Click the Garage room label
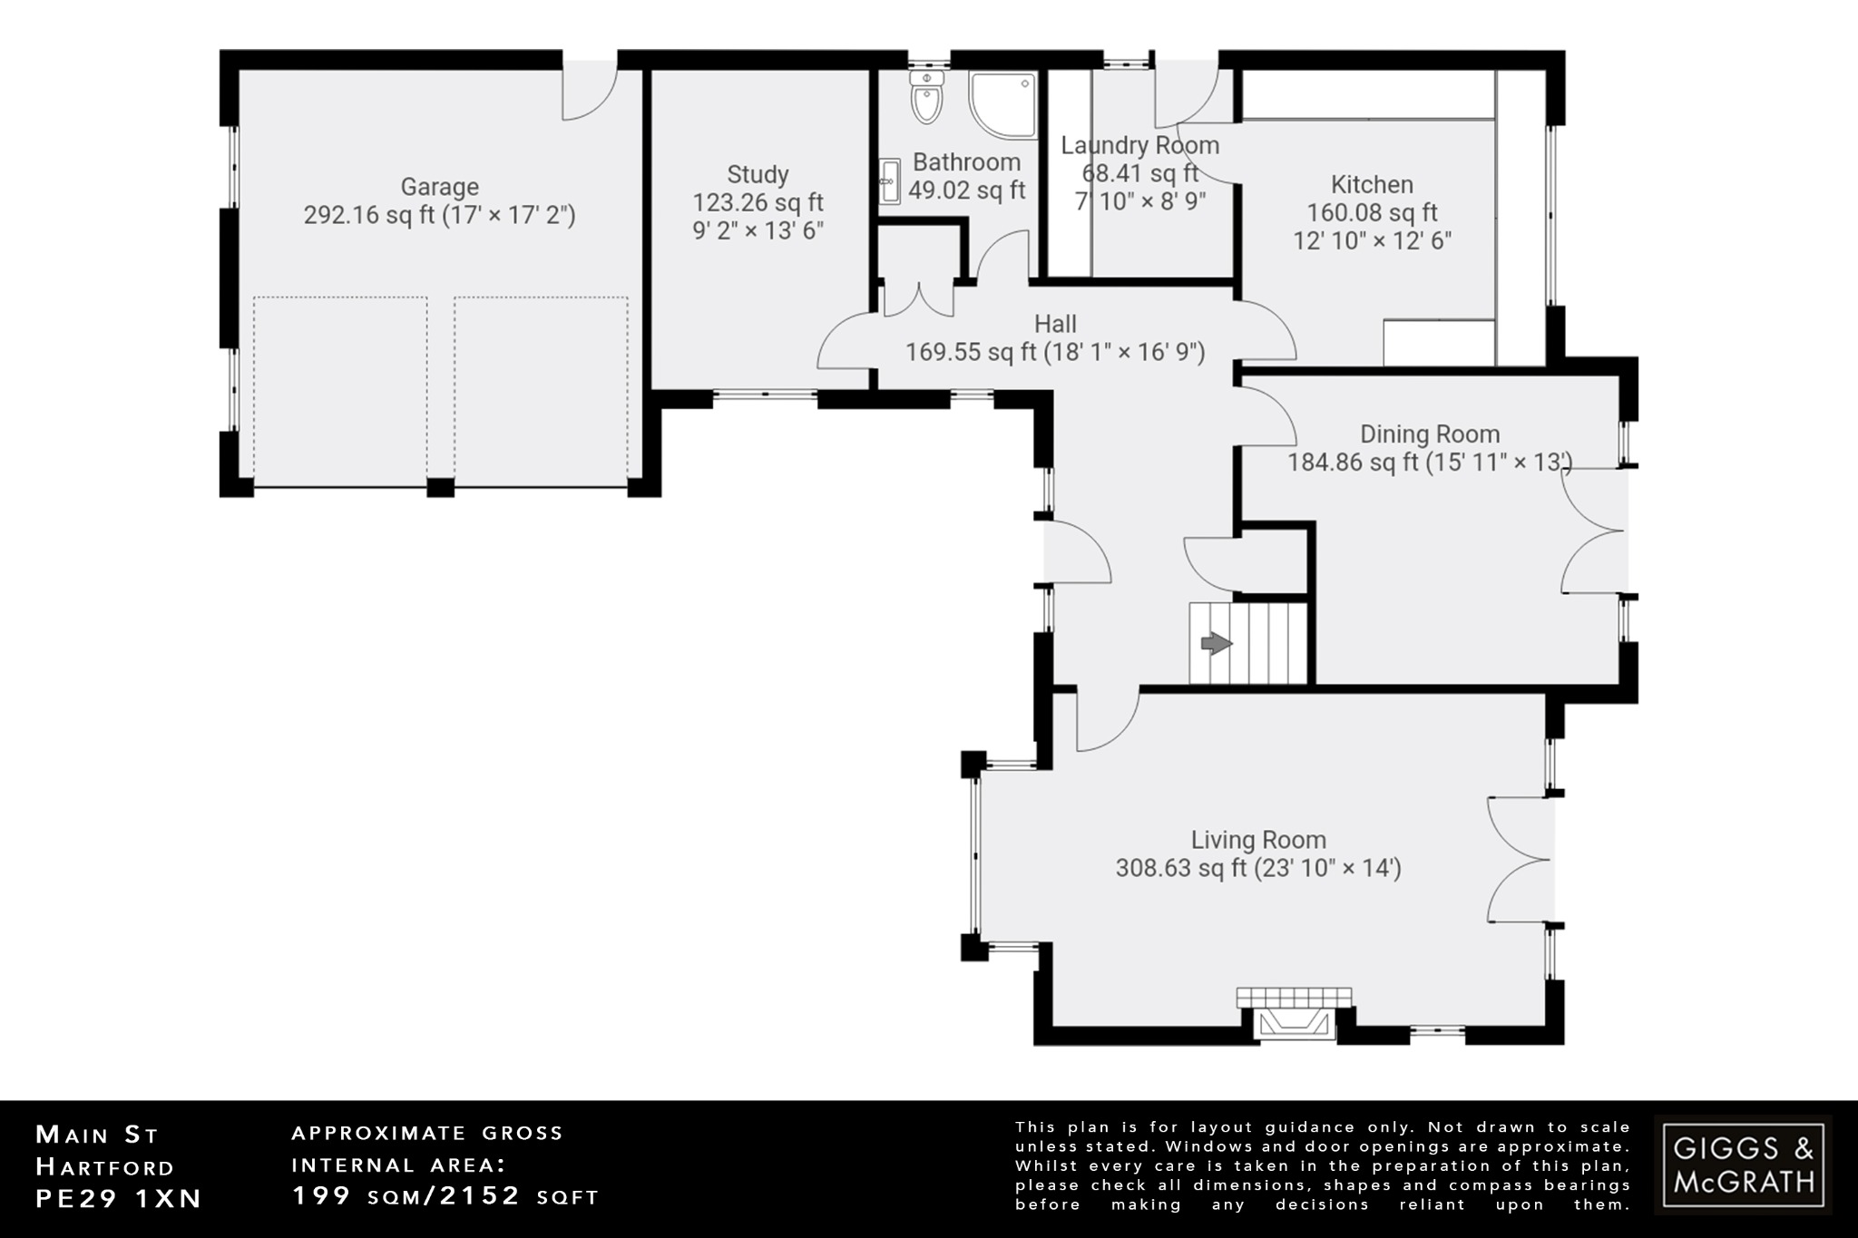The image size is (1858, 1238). point(439,187)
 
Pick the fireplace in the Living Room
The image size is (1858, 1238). point(1294,1018)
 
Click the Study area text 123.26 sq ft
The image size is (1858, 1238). point(758,202)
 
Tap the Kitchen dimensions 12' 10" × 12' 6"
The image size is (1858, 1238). point(1372,240)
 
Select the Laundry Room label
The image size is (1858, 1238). point(1139,145)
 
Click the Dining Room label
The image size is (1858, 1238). point(1429,434)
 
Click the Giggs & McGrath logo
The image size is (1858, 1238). point(1742,1165)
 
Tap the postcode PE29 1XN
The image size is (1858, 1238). point(118,1198)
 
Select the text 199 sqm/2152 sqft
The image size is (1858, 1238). point(445,1196)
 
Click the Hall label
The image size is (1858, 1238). point(1055,324)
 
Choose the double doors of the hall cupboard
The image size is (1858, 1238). point(919,300)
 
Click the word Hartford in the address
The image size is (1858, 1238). point(104,1166)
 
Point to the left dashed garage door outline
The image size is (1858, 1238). point(340,392)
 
